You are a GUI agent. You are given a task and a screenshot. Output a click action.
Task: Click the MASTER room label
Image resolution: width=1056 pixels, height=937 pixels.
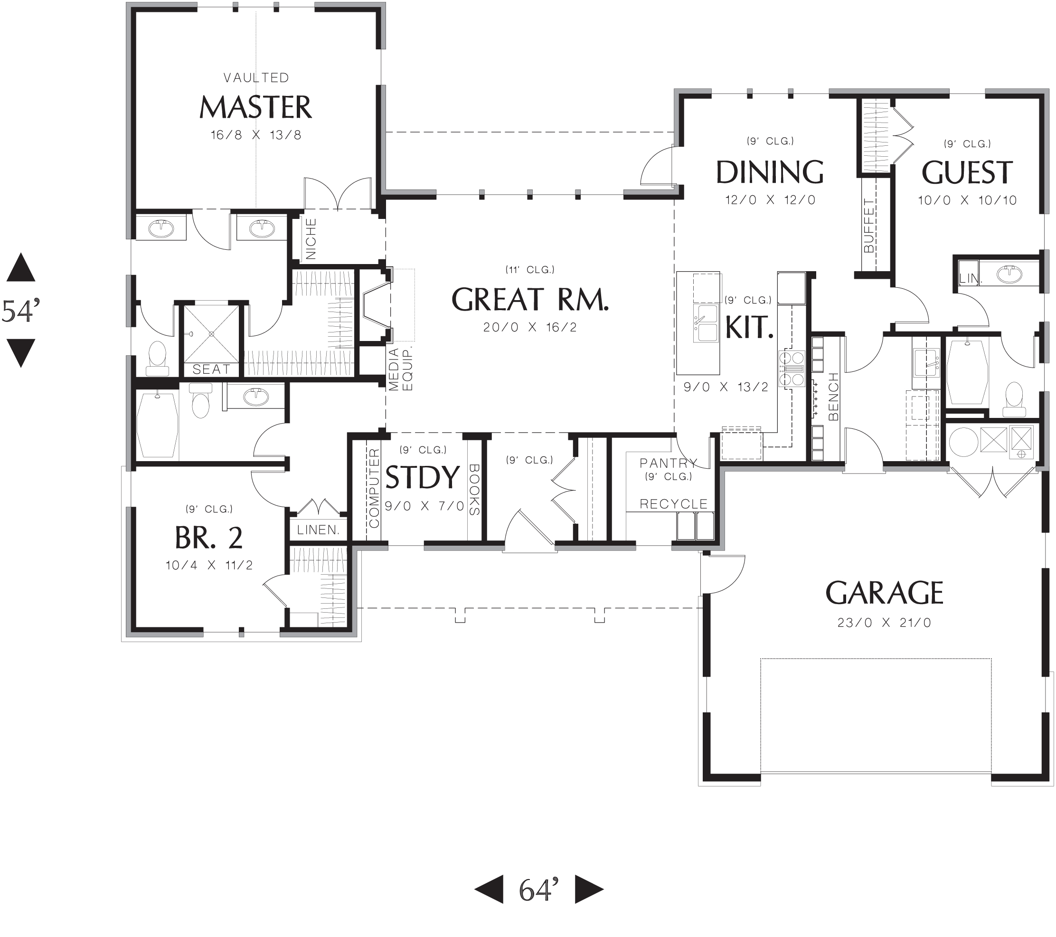tap(255, 107)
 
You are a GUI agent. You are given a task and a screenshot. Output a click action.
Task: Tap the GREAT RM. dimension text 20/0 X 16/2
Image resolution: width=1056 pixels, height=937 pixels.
tap(529, 327)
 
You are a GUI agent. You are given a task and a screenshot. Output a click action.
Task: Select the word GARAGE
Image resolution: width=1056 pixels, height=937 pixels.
tap(884, 593)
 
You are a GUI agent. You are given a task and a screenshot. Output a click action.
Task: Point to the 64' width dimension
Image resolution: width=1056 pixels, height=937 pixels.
tap(538, 890)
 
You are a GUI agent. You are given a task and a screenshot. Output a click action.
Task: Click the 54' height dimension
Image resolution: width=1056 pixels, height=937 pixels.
tap(21, 311)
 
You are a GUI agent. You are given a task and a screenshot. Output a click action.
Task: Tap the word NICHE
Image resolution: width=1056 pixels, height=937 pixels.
tap(311, 238)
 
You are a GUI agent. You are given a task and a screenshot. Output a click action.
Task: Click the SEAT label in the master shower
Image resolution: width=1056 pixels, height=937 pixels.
tap(211, 369)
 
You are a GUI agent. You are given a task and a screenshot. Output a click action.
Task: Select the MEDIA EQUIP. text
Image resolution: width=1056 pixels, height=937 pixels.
tap(400, 369)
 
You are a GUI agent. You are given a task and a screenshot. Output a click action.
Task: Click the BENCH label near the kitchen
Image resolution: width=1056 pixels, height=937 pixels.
tap(833, 397)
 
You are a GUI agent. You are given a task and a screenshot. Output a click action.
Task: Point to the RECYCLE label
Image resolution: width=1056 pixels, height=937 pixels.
tap(673, 504)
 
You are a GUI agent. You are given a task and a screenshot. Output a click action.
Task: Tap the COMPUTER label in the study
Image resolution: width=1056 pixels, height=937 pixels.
tap(374, 488)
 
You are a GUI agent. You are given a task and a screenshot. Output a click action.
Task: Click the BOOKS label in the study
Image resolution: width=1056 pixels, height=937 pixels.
tap(474, 489)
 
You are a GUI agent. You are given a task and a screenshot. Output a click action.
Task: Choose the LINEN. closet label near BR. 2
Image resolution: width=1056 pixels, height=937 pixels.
tap(318, 530)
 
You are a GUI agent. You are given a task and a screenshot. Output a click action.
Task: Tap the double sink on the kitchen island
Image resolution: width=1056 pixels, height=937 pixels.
tap(706, 323)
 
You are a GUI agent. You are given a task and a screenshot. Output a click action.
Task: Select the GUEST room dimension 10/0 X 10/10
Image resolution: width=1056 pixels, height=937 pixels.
tap(967, 200)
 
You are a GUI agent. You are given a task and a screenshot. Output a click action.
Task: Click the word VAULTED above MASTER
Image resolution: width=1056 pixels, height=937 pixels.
tap(256, 77)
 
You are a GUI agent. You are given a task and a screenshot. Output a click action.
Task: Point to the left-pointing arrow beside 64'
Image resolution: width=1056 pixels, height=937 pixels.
tap(490, 890)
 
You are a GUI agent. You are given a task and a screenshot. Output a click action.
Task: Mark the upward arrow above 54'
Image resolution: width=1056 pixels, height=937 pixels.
tap(21, 268)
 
